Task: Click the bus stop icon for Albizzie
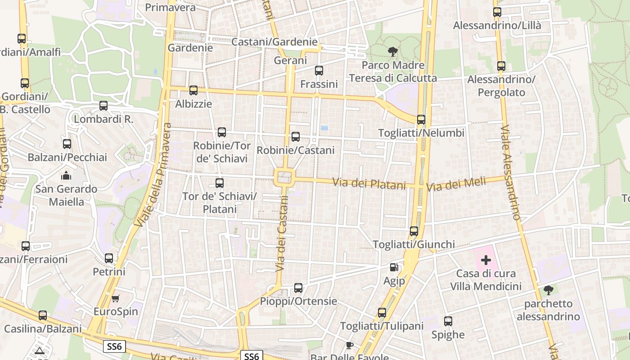coord(193,90)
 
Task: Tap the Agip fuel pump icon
coord(394,267)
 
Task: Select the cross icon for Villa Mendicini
coord(486,260)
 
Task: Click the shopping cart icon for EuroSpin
coord(116,298)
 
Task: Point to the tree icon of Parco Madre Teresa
coord(393,52)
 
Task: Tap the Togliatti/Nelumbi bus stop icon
coord(421,120)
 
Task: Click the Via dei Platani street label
coord(369,183)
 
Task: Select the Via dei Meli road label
coord(456,184)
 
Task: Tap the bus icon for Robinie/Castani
coord(296,137)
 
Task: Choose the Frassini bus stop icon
coord(319,71)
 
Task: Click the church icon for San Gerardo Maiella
coord(67,175)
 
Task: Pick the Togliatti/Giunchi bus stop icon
coord(414,231)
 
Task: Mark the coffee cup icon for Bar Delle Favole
coord(349,346)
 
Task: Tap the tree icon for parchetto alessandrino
coord(548,290)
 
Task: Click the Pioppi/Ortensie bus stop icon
coord(298,288)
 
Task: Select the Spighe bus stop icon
coord(448,321)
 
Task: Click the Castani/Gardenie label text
coord(274,42)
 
